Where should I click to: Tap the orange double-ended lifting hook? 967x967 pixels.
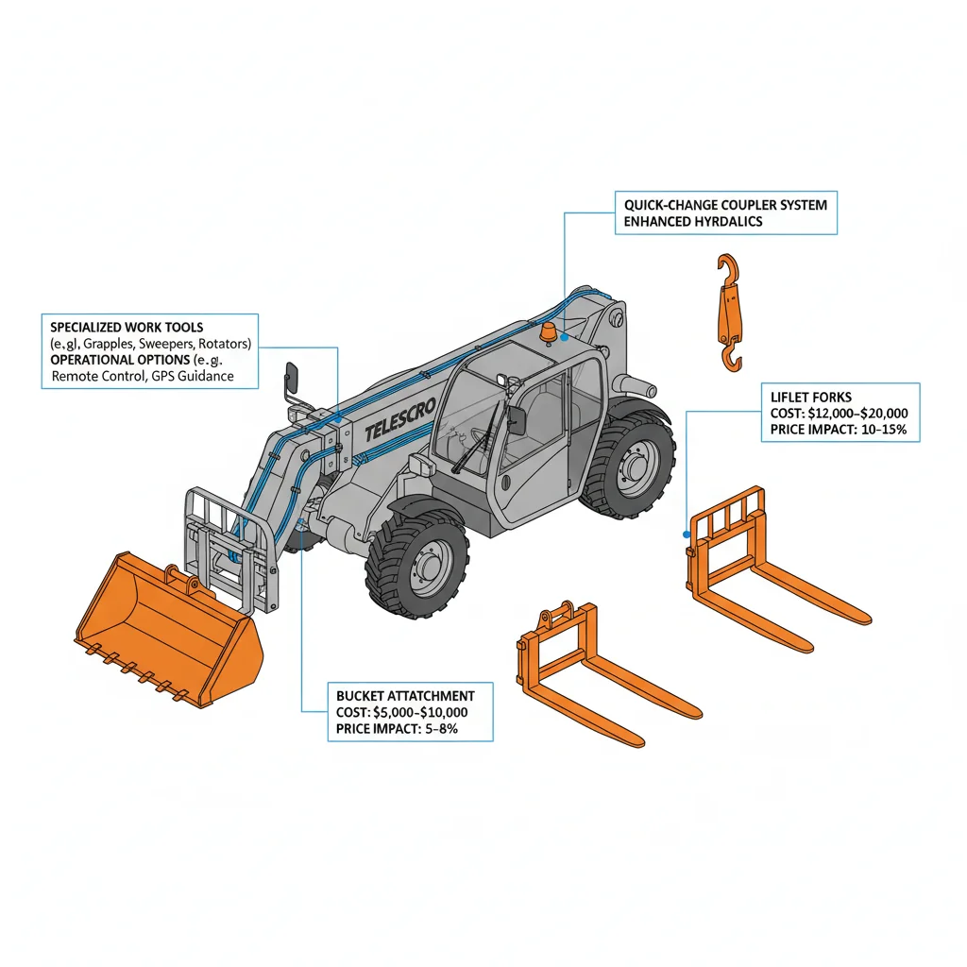coord(728,312)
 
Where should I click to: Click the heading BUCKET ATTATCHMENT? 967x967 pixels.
coord(405,696)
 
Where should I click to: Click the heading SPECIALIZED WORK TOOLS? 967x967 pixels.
coord(127,327)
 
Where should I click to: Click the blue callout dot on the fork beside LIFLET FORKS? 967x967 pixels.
coord(686,534)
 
